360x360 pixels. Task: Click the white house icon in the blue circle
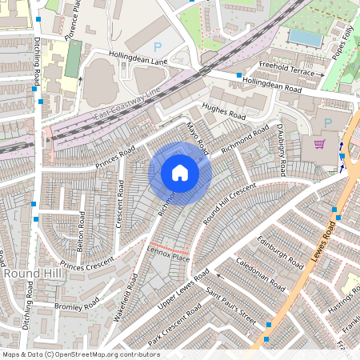[x=180, y=173]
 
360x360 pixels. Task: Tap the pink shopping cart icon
[x=320, y=144]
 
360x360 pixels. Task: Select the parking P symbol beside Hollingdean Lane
[x=157, y=48]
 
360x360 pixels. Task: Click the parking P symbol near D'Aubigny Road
[x=328, y=122]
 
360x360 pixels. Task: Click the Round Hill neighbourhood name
[x=28, y=274]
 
